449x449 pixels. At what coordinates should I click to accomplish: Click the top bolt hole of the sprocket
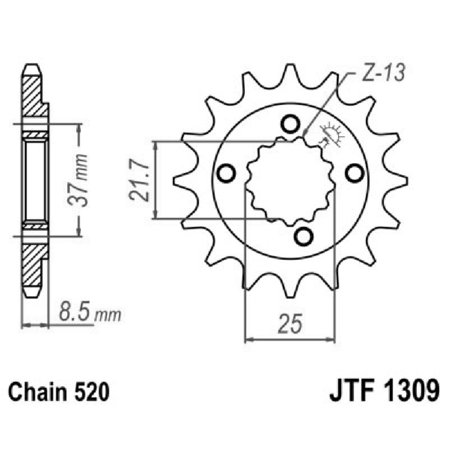click(x=290, y=122)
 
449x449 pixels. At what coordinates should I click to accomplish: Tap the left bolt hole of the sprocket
click(x=226, y=174)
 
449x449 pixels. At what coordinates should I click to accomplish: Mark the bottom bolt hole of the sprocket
click(x=303, y=237)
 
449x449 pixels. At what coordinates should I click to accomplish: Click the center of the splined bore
click(x=290, y=180)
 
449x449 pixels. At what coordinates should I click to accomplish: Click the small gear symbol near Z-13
click(x=332, y=135)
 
